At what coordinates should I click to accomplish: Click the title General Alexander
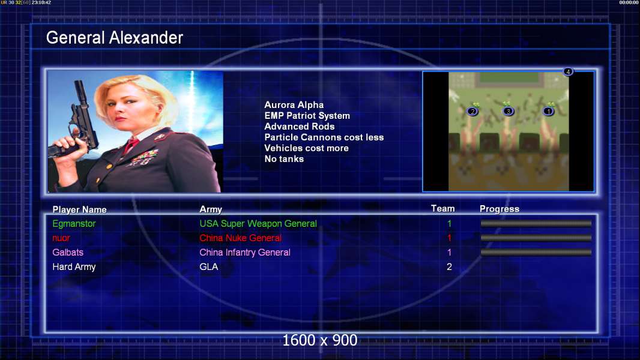point(114,38)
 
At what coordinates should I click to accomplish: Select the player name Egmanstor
point(74,224)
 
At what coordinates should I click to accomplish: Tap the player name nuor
point(61,238)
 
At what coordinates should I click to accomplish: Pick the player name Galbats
point(68,253)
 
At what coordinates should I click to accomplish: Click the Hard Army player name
point(74,267)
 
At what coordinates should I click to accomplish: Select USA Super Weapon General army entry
point(258,224)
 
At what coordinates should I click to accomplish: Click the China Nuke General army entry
point(240,238)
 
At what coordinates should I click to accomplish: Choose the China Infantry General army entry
point(245,253)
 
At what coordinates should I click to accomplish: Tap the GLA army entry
point(208,267)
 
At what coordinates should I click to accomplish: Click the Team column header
point(443,209)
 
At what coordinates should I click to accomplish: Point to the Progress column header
point(500,209)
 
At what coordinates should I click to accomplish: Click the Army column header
point(211,209)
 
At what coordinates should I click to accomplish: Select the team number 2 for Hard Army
point(449,267)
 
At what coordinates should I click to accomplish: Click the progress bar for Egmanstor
point(536,223)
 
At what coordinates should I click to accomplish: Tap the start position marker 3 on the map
point(508,111)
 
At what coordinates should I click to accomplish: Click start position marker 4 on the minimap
point(568,72)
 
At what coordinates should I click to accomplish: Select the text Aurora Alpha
point(294,105)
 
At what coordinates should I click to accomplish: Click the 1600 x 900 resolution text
point(319,340)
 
